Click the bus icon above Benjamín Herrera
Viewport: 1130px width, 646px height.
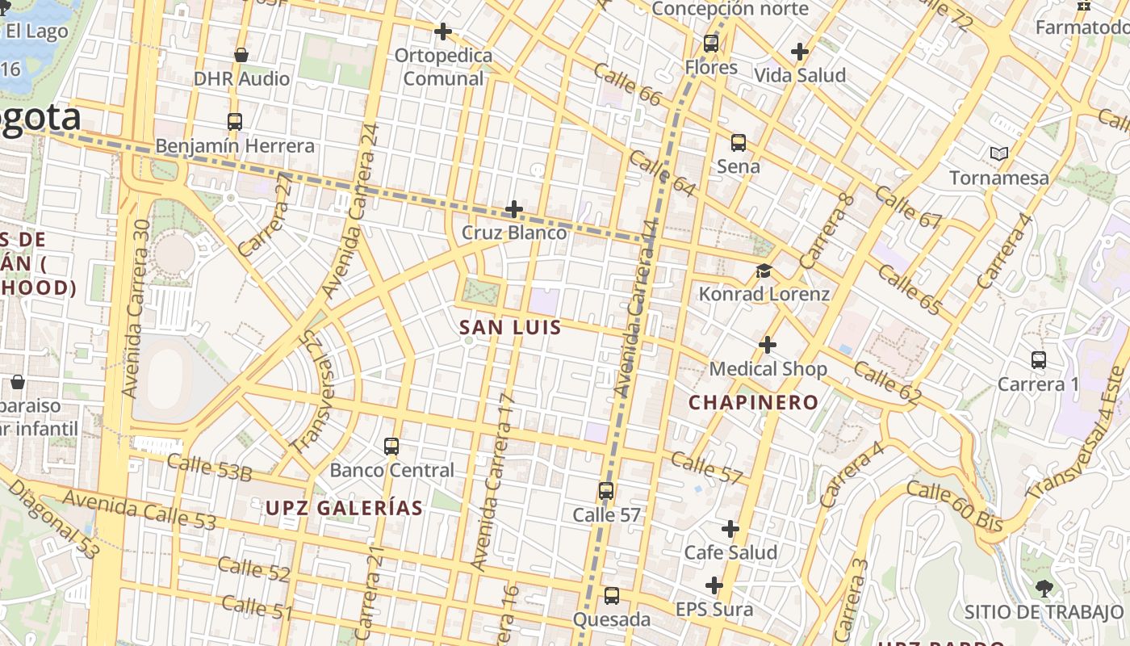tap(235, 122)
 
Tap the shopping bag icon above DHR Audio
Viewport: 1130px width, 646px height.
tap(241, 55)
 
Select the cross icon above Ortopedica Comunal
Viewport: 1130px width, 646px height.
tap(442, 31)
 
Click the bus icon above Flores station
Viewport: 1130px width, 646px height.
tap(711, 44)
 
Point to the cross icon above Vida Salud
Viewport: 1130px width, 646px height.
tap(800, 52)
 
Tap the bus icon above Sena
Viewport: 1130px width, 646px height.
tap(739, 143)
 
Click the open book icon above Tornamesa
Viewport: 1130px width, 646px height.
tap(999, 153)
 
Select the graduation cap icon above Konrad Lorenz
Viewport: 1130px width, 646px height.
tap(764, 271)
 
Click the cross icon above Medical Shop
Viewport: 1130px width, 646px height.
tap(768, 346)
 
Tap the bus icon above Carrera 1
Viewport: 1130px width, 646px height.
tap(1039, 360)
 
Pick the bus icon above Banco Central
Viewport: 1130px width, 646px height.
tap(391, 446)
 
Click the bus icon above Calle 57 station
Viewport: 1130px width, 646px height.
tap(606, 491)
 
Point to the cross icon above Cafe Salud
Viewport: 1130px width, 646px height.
tap(730, 529)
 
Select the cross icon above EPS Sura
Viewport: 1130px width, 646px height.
tap(714, 585)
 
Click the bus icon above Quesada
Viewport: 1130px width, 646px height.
tap(612, 596)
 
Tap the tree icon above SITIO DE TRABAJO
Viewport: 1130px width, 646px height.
tap(1044, 588)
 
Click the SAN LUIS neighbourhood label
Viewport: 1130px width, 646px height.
tap(510, 328)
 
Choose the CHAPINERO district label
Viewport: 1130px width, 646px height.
tap(753, 402)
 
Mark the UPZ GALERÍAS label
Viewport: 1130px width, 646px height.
tap(344, 508)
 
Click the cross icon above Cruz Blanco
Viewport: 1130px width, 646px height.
tap(514, 210)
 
